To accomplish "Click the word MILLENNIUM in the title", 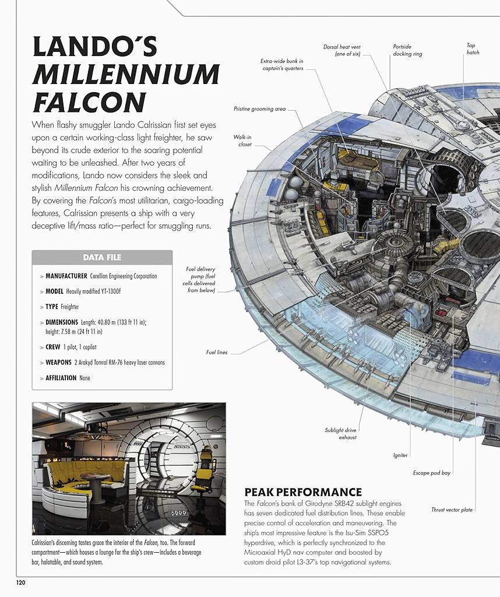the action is (x=126, y=74).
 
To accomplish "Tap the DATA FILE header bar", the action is (x=102, y=257).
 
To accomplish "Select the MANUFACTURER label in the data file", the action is (x=66, y=276).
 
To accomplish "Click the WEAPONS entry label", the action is (x=58, y=363).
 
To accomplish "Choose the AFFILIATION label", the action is (x=61, y=378).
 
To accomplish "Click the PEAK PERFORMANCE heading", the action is (x=303, y=492).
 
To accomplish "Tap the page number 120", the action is (x=20, y=582).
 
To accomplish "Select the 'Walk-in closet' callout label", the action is (x=242, y=141).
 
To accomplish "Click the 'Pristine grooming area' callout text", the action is (x=259, y=109).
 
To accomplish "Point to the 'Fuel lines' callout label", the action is (x=217, y=352).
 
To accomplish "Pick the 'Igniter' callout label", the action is (x=400, y=455).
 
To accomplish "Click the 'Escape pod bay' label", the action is (x=431, y=473).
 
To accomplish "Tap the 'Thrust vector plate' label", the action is (x=452, y=510).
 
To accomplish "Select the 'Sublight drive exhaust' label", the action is (x=340, y=434).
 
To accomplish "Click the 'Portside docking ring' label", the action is (x=407, y=50).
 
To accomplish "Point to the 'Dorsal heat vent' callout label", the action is (x=342, y=50).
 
